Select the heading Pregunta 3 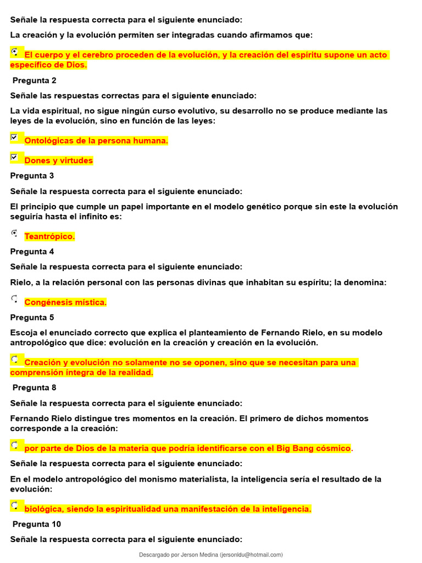pos(32,176)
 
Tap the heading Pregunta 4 pos(32,251)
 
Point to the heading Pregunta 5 pos(32,317)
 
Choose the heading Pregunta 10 pos(36,524)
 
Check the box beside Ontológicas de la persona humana pos(14,137)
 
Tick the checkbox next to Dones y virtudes pos(14,157)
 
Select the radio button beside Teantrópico pos(14,233)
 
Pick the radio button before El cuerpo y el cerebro pos(14,51)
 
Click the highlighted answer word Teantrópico pos(49,236)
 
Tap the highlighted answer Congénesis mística pos(65,302)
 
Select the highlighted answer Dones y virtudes pos(59,161)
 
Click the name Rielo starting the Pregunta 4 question pos(21,283)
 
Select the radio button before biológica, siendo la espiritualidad pos(14,505)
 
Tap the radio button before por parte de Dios pos(14,444)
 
